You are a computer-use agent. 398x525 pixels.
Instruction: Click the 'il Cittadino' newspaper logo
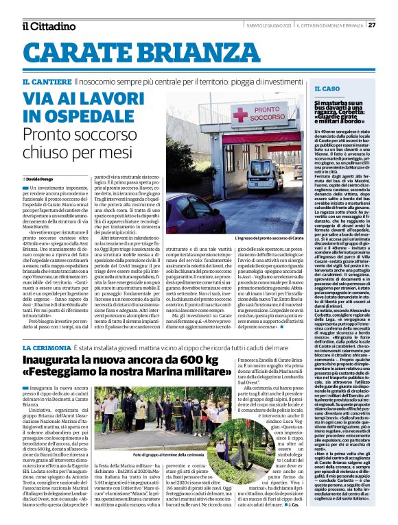point(48,26)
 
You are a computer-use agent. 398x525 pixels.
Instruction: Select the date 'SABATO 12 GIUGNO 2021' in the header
point(270,25)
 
